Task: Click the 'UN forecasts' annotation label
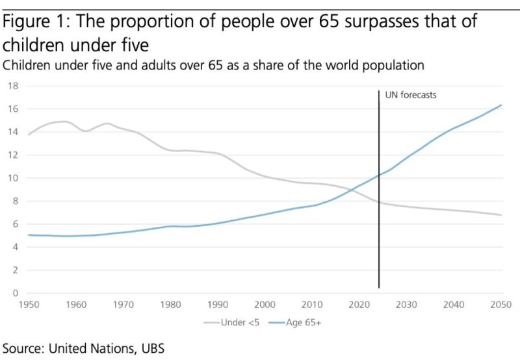click(410, 95)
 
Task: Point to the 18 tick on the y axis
click(12, 86)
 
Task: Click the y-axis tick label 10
click(12, 178)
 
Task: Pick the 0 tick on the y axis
click(15, 293)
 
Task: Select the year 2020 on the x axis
click(359, 305)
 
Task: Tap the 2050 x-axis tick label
click(500, 305)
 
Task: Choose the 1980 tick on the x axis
click(171, 305)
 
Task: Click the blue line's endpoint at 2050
click(500, 105)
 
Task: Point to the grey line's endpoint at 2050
click(500, 215)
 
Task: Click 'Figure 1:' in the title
click(40, 22)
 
